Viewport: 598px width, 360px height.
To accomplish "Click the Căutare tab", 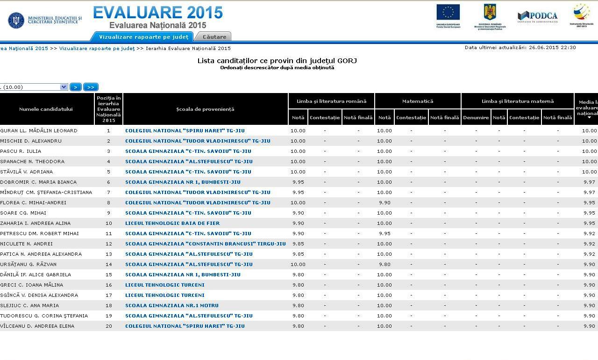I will click(x=214, y=37).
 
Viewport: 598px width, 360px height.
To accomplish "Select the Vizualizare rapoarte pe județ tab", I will click(x=143, y=37).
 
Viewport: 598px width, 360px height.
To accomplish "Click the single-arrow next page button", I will click(x=75, y=87).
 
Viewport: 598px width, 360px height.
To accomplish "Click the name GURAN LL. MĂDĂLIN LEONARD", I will click(x=39, y=130).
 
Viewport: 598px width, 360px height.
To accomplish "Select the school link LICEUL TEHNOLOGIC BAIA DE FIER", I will click(x=172, y=223).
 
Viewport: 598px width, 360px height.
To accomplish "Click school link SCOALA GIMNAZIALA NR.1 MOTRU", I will click(x=171, y=305).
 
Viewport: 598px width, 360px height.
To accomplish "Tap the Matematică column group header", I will click(x=417, y=101).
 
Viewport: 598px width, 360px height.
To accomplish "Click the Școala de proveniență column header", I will click(x=205, y=109).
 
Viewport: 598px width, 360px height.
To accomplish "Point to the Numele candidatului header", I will click(x=46, y=109).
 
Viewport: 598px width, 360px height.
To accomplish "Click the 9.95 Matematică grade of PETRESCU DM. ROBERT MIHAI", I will click(x=384, y=233).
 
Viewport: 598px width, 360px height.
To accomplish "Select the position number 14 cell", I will click(x=108, y=264).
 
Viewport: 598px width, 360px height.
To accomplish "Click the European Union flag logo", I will click(x=448, y=13).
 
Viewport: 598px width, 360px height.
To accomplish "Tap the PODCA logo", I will click(x=537, y=16).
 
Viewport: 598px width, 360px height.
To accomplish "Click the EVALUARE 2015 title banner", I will click(x=157, y=13).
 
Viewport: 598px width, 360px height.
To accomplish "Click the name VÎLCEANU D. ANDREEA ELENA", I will click(x=37, y=326).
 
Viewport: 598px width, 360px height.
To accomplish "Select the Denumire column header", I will click(x=476, y=117).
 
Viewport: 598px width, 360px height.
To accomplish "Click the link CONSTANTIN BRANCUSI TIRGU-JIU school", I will click(x=205, y=244).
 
